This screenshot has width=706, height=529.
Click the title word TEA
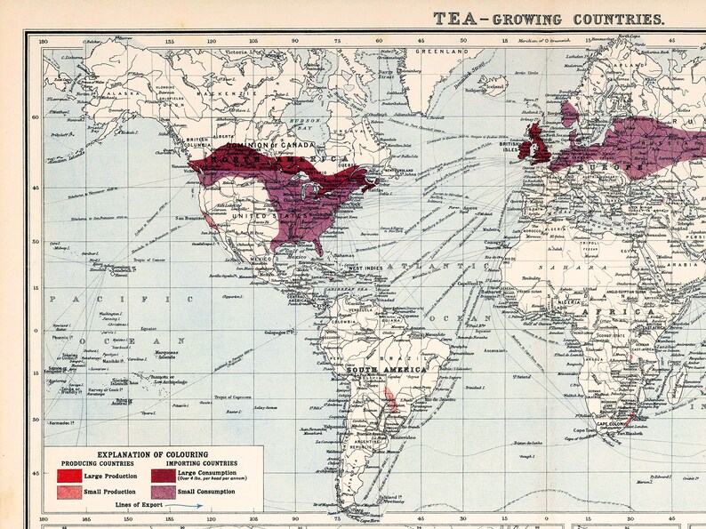450,18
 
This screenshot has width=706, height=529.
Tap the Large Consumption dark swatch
163,477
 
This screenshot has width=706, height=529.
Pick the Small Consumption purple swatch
163,492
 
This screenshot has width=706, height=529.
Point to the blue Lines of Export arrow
186,504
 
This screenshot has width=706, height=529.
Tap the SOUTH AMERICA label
387,369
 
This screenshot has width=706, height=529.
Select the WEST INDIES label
365,269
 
